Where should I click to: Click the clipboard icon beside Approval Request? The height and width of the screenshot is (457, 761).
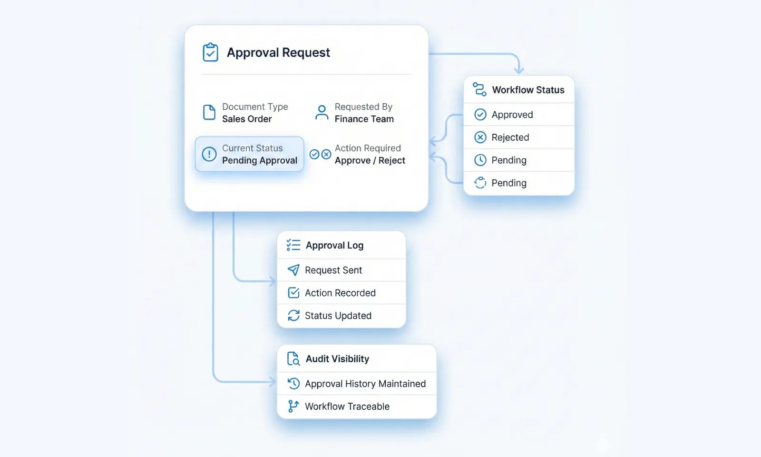210,52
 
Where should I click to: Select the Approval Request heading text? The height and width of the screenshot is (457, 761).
278,52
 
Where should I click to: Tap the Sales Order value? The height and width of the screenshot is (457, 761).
247,119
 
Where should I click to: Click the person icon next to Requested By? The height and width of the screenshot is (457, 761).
322,113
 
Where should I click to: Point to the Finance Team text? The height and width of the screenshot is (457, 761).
364,119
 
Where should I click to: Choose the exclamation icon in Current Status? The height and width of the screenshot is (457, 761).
209,154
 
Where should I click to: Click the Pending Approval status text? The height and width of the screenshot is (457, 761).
260,160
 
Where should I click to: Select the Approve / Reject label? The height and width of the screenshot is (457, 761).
370,160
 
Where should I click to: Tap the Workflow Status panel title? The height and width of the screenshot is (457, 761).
528,90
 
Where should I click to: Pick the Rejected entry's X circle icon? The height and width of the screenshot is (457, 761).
480,138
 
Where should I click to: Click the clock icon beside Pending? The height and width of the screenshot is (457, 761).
480,160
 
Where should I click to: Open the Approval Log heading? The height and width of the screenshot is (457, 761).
334,245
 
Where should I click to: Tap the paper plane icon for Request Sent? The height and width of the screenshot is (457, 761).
294,270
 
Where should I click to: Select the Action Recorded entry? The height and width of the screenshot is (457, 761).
340,293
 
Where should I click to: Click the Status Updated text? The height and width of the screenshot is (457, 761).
338,316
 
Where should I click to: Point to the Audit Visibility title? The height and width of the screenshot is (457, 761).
337,359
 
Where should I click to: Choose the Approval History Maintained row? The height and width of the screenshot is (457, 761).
365,384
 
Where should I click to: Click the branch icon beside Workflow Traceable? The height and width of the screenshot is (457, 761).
293,406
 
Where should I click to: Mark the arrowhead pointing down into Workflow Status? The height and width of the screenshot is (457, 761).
519,70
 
